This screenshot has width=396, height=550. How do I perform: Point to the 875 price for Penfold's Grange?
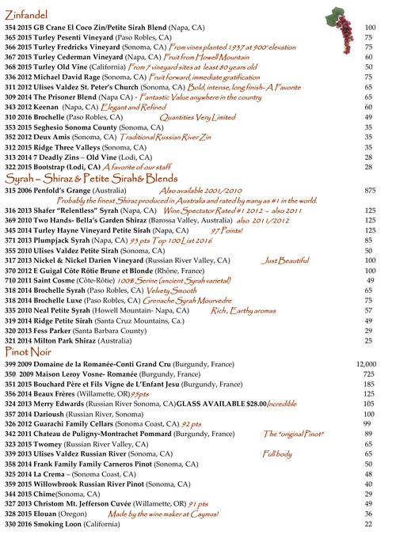click(x=368, y=192)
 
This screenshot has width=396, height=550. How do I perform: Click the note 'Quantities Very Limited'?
click(x=187, y=117)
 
